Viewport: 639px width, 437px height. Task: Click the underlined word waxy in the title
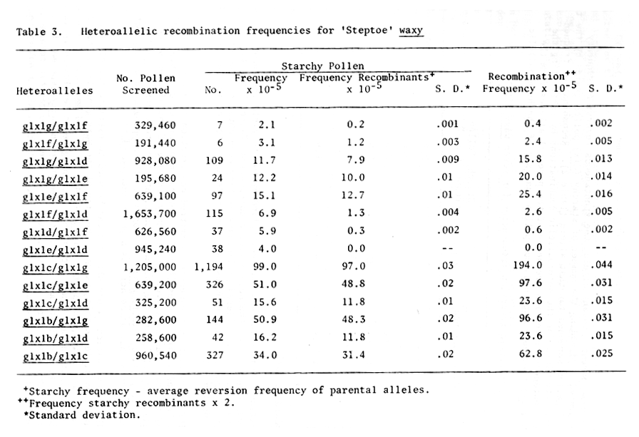[411, 31]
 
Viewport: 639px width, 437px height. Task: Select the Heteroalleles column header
[55, 91]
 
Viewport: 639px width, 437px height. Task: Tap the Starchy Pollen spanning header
[322, 66]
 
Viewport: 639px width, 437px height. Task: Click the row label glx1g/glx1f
[55, 126]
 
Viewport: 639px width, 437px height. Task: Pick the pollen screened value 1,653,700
[150, 214]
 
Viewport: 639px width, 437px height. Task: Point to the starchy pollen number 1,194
[209, 267]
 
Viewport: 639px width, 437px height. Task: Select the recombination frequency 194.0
[527, 265]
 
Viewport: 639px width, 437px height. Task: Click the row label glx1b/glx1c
[55, 356]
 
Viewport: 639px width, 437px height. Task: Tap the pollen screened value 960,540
[155, 356]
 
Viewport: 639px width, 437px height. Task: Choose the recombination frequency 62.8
[531, 353]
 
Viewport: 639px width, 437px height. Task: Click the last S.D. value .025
[601, 353]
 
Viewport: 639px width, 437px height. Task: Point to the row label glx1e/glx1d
[55, 250]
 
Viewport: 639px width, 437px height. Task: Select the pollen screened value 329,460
[155, 125]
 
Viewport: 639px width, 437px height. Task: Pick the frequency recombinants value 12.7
[353, 195]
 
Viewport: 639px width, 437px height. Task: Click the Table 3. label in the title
[39, 32]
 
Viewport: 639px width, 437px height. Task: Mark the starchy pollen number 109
[215, 160]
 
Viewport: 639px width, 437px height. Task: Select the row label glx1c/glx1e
[55, 285]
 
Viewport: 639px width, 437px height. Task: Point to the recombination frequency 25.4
[530, 195]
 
